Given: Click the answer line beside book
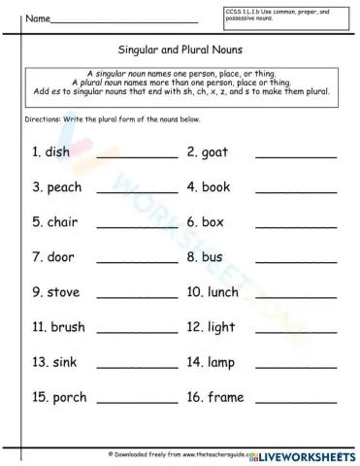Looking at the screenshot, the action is [x=296, y=191].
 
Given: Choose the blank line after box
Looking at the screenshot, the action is [x=296, y=226].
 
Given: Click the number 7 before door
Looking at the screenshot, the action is [x=36, y=257].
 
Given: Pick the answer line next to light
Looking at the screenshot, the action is [x=296, y=331].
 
